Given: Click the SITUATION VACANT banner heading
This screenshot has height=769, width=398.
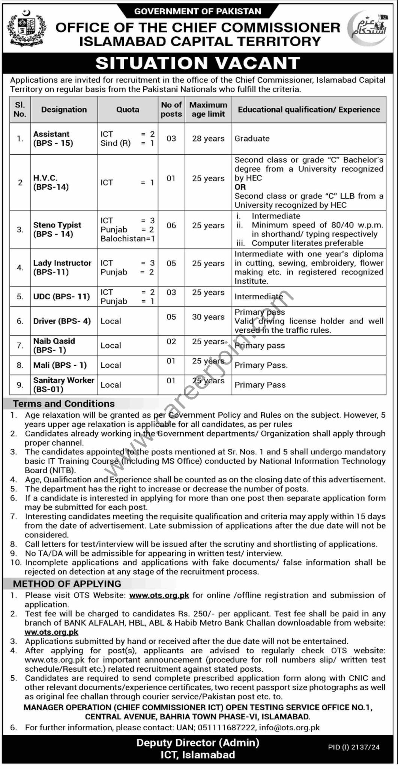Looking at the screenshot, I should coord(198,63).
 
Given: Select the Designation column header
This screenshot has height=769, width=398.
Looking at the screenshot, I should coord(64,110).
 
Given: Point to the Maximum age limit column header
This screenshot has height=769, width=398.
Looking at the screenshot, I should coord(208,110).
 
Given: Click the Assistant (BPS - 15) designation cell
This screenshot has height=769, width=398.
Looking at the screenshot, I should coord(53,139).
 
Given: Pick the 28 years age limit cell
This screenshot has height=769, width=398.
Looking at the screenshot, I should coord(208,139).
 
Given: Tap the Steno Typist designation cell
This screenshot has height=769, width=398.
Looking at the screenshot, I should coord(57,229).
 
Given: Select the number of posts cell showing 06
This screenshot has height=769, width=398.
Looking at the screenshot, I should coord(171,225).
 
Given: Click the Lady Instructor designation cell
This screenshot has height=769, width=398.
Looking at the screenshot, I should coord(62,267).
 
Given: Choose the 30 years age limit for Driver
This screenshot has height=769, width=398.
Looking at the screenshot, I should coord(208,317).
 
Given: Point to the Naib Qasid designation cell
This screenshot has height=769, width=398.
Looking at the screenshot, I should coord(54,345).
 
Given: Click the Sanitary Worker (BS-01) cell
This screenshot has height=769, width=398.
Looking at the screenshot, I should coord(63,384).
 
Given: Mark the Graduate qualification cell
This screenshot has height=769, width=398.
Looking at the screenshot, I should coord(252,139).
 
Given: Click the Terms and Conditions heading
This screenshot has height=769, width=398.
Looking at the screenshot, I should coord(64,404).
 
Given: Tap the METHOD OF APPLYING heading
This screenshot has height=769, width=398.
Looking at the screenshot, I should coord(67,584).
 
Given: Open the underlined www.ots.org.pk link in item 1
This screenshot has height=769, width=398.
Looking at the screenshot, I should coord(159,595).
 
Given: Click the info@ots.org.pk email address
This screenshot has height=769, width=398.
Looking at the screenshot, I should coord(289,727).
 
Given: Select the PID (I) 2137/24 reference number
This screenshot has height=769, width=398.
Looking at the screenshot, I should coord(354,747).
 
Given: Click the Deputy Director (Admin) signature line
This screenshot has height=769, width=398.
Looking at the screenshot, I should coord(198,742).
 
